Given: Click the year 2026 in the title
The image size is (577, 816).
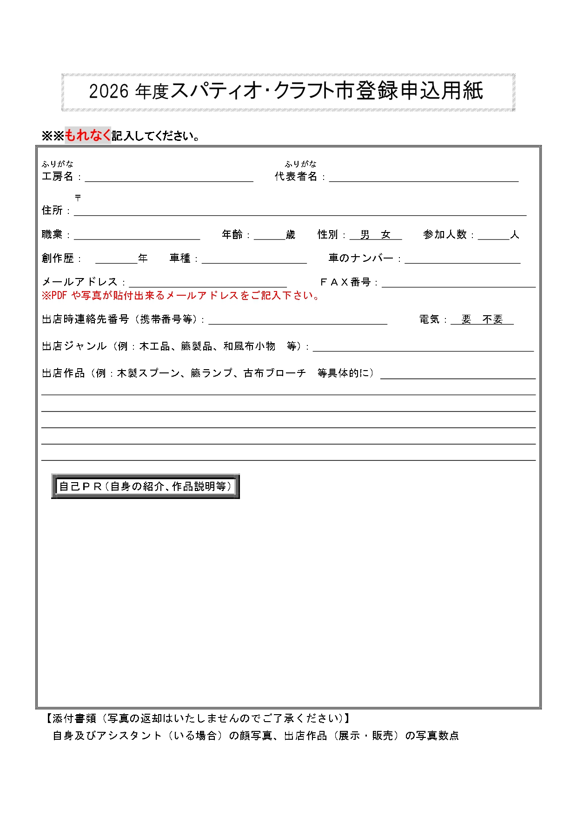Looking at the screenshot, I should pos(108,91).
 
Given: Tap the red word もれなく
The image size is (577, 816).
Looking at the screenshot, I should pos(87,135).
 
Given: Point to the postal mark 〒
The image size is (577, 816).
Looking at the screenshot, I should pos(78,198).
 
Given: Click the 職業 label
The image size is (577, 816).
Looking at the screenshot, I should pos(52,235).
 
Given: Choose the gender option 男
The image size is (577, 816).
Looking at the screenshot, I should pos(365,235).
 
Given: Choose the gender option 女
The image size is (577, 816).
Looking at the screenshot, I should pos(386,235).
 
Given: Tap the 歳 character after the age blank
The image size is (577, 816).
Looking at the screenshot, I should pos(291,235).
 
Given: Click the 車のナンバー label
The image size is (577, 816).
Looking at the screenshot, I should pos(361,258).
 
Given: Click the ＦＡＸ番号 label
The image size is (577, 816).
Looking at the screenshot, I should pos(345,282).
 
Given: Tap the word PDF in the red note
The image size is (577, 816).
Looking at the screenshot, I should pos(59,296).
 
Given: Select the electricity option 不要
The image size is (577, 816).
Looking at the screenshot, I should pos(493,319).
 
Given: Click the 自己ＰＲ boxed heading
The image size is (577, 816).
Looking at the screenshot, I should pos(145,486).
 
